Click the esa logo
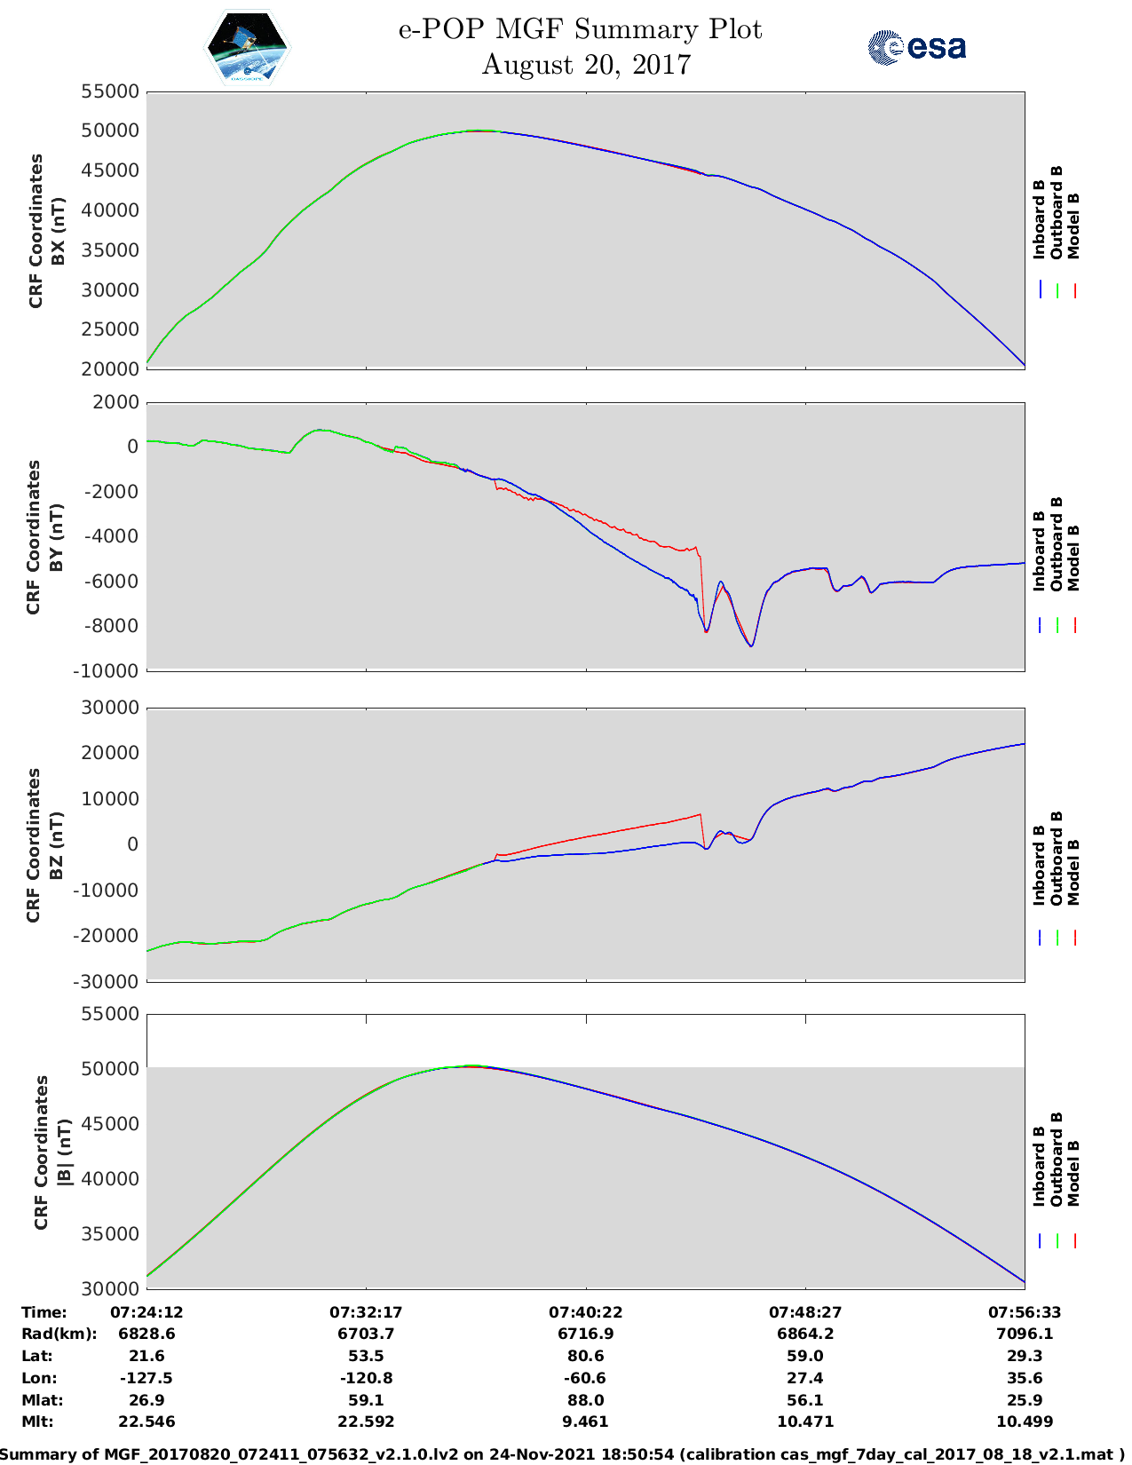[x=917, y=47]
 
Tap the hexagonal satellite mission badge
[x=247, y=48]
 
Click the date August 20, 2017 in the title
[x=586, y=65]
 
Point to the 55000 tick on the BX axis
[x=110, y=91]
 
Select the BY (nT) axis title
[x=56, y=537]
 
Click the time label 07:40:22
[x=586, y=1311]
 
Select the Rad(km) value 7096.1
[x=1025, y=1334]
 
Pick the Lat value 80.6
[x=586, y=1356]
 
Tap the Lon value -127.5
[x=146, y=1378]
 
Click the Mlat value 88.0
[x=586, y=1399]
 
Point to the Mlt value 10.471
[x=805, y=1421]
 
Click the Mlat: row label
[x=41, y=1399]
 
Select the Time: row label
[x=44, y=1311]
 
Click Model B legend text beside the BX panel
[x=1073, y=226]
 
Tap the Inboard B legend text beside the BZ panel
[x=1039, y=865]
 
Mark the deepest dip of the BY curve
[x=750, y=645]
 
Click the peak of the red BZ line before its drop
[x=700, y=814]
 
